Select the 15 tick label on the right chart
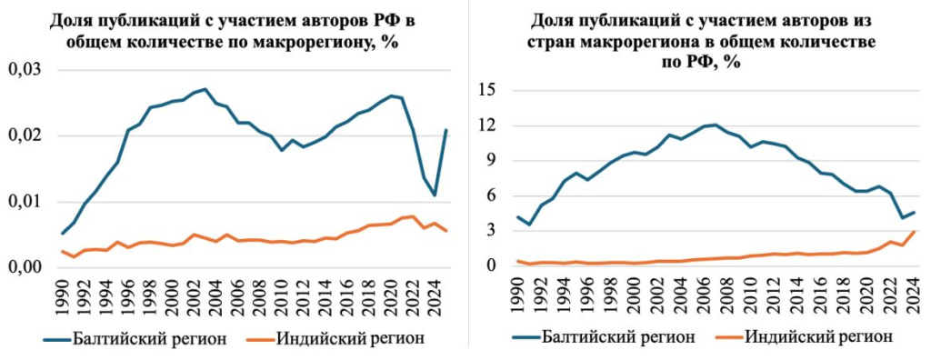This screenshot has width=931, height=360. click(489, 90)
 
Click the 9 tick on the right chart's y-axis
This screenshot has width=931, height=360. click(494, 161)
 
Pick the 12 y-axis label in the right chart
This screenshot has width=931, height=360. click(489, 125)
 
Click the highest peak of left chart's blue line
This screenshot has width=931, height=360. click(205, 89)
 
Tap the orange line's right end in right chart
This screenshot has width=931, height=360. click(914, 232)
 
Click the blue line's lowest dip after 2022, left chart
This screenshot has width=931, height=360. click(435, 195)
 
